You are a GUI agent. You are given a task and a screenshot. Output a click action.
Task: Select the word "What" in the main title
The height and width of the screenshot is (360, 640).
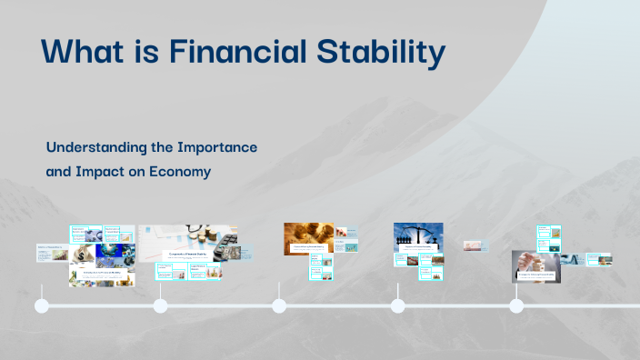[81, 53]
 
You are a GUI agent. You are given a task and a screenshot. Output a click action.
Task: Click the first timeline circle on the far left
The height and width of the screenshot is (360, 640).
[41, 305]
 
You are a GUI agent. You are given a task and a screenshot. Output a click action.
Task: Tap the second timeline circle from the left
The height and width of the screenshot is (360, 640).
[160, 305]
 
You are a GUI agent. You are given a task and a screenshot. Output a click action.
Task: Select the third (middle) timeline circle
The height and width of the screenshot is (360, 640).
[279, 305]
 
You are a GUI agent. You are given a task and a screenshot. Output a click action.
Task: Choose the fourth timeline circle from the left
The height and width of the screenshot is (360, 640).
[397, 305]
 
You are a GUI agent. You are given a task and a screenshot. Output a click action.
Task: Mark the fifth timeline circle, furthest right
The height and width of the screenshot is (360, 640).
[516, 305]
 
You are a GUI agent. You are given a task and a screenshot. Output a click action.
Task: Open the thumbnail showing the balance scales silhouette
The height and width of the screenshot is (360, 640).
[417, 236]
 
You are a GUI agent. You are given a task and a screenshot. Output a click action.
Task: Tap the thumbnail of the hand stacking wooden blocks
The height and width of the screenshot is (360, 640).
[534, 265]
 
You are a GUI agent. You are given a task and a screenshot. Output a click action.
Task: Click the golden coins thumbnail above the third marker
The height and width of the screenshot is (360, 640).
[308, 235]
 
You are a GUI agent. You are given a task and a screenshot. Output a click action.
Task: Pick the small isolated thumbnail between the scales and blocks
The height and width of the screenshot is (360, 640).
[475, 245]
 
